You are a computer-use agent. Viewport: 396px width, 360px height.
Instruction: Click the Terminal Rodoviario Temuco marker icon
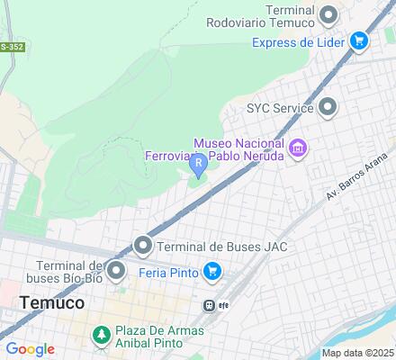pos(328,13)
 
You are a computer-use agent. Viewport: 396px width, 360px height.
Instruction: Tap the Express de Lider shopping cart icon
pos(359,40)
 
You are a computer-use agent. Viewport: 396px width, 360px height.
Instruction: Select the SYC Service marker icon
pos(328,108)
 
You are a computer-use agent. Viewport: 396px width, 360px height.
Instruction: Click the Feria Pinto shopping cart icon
pos(212,271)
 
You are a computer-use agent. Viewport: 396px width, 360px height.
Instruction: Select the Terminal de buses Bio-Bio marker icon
pos(116,271)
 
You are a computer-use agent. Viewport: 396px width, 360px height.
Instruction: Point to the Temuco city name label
pos(52,303)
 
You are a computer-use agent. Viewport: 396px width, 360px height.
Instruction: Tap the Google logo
pos(30,349)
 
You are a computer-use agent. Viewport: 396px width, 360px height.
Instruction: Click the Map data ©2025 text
pos(358,353)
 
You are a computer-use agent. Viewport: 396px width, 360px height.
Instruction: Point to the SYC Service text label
pos(280,108)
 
